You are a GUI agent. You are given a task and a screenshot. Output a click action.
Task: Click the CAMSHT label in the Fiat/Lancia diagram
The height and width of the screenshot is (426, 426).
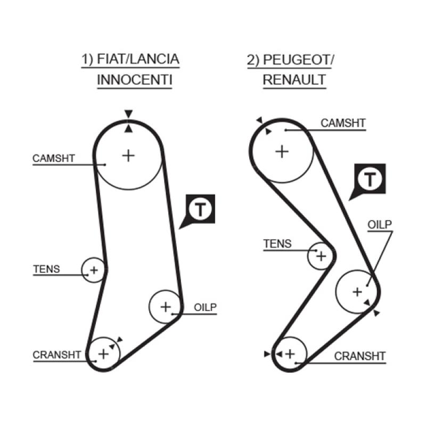pos(54,158)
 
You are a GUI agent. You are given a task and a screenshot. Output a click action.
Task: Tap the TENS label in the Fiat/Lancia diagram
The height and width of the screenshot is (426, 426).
pos(46,269)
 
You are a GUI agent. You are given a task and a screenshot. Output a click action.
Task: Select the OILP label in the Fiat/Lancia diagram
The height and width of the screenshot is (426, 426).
pos(205,307)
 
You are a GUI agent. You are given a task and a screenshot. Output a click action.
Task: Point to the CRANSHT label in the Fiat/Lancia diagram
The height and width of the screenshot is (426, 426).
pos(56,355)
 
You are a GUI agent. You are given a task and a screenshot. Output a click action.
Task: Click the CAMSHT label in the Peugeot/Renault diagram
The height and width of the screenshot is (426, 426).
pos(343,124)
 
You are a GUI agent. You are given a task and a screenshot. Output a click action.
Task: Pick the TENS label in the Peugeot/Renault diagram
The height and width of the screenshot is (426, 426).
pos(278,244)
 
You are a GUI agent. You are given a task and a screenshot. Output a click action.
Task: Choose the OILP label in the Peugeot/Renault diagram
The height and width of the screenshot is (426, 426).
pos(380,224)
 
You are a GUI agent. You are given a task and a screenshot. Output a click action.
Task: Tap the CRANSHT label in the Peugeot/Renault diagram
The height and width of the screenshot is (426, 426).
pos(360,356)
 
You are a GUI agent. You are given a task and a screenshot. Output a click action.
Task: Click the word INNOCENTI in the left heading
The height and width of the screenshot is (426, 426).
pos(135,80)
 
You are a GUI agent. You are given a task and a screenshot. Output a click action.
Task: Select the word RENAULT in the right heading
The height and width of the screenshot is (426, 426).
pos(294,80)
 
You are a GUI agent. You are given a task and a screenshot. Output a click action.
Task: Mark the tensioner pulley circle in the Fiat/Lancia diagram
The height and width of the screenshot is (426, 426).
pos(94,270)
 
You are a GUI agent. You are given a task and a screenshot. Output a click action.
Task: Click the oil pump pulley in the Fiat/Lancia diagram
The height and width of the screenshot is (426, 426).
pos(165,306)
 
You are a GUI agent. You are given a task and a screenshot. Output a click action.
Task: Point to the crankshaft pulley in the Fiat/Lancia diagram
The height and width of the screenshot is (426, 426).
pos(104,353)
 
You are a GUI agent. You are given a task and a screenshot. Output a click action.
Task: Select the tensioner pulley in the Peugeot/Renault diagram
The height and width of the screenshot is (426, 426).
pos(321,256)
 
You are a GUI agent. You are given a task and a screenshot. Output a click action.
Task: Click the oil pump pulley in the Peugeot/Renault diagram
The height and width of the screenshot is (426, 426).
pos(357,291)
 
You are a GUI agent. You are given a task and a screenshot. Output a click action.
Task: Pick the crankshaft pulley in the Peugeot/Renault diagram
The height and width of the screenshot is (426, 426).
pos(290,353)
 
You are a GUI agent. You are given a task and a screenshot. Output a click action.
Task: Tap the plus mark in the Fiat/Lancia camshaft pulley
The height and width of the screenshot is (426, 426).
pos(128,155)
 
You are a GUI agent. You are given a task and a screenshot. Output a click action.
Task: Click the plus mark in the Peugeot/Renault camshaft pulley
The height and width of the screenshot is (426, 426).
pos(281,151)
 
